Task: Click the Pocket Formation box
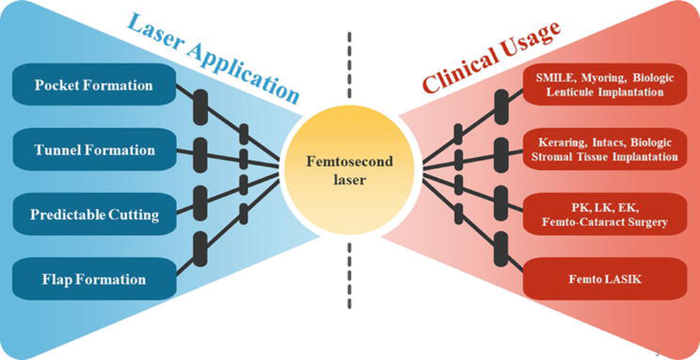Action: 94,86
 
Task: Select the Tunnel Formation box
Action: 94,150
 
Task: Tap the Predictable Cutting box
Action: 94,215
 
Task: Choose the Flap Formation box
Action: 94,279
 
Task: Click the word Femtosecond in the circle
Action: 351,162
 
